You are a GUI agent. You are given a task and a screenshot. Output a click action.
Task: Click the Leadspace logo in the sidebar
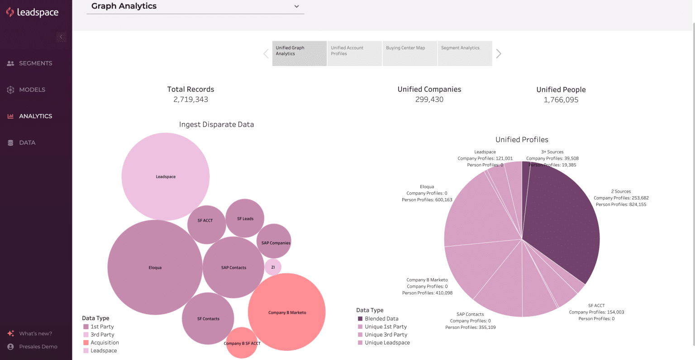[x=32, y=12]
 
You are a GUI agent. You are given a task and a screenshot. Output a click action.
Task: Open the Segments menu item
[x=35, y=63]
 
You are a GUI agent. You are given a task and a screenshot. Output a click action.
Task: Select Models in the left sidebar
[x=32, y=90]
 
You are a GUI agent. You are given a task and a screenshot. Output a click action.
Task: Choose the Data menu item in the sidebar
[x=27, y=142]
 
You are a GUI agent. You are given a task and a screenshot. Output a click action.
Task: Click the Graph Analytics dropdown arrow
[x=296, y=6]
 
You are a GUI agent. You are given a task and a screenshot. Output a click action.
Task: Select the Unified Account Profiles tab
[x=354, y=53]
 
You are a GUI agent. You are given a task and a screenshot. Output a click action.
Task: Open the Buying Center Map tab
[x=409, y=53]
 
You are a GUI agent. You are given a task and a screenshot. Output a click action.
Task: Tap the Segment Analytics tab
[x=464, y=53]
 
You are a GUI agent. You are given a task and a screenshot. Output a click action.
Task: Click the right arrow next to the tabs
[x=499, y=54]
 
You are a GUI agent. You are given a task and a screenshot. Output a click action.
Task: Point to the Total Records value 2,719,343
[x=190, y=99]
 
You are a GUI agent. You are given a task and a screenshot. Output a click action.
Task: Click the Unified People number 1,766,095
[x=561, y=100]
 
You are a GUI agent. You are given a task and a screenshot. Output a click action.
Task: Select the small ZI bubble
[x=273, y=267]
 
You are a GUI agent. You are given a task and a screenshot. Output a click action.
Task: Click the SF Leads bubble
[x=245, y=218]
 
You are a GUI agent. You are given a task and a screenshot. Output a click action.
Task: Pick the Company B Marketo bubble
[x=287, y=312]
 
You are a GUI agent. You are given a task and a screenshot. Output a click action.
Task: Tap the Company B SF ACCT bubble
[x=242, y=343]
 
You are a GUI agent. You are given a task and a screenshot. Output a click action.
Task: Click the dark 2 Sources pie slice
[x=563, y=226]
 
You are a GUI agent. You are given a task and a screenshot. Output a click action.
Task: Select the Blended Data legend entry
[x=381, y=319]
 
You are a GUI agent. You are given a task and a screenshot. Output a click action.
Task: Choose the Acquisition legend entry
[x=105, y=343]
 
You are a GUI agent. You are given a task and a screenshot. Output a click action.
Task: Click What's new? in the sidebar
[x=35, y=334]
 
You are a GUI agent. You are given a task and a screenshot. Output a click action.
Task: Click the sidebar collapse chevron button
[x=61, y=37]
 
